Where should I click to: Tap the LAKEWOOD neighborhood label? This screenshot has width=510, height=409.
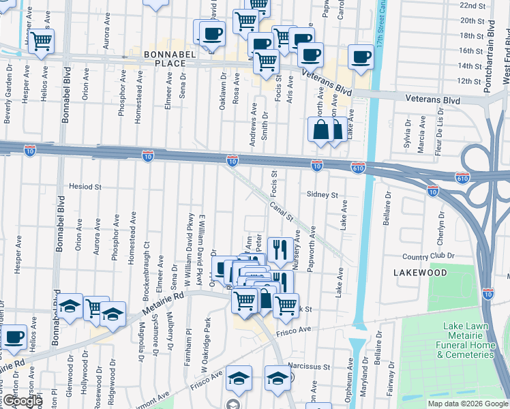(x=420, y=273)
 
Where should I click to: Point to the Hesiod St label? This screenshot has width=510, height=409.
(x=85, y=186)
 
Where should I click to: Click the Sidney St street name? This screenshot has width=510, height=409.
(x=322, y=195)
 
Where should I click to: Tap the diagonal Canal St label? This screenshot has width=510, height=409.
(x=280, y=211)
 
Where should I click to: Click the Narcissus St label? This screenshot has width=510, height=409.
(x=308, y=366)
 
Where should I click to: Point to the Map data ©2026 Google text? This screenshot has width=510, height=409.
(x=467, y=404)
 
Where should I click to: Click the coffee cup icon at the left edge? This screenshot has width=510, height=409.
(x=13, y=336)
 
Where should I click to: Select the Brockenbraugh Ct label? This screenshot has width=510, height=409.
(x=147, y=246)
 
